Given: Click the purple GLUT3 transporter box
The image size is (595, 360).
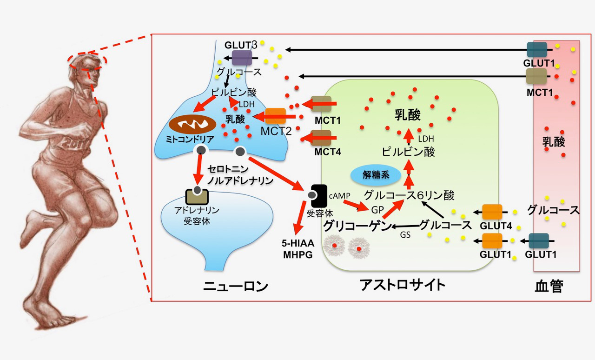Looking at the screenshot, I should point(242,58).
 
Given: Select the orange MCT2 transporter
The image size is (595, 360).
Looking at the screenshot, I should point(275,116).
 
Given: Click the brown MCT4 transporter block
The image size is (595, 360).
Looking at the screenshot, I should point(321,138).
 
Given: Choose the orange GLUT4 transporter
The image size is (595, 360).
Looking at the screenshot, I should point(492,212).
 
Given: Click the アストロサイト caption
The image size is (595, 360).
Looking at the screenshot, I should point(402,285).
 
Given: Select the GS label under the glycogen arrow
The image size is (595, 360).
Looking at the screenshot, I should point(405,235).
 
